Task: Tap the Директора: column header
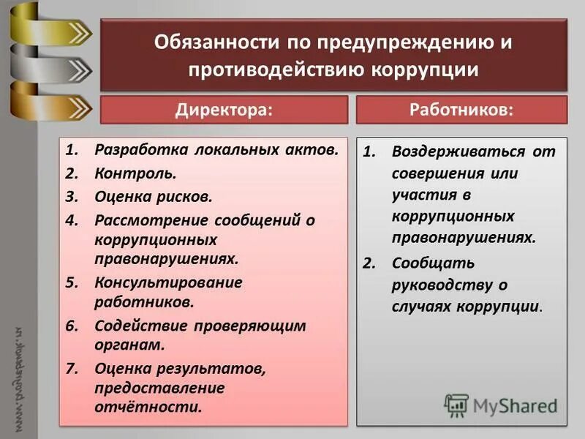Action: (x=224, y=110)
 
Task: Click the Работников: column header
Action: (x=462, y=110)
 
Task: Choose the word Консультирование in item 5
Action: (x=168, y=282)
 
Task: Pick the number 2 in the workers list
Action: (x=369, y=263)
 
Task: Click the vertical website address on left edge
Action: (x=19, y=380)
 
